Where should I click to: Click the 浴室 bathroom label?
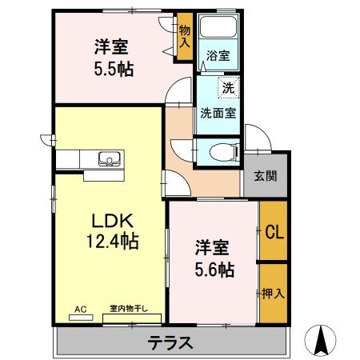pyautogui.click(x=218, y=56)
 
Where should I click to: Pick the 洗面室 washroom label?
pyautogui.click(x=218, y=113)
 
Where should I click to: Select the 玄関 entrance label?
pyautogui.click(x=266, y=176)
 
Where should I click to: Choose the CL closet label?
pyautogui.click(x=273, y=234)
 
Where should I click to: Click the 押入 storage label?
pyautogui.click(x=273, y=293)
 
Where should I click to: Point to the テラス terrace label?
pyautogui.click(x=170, y=343)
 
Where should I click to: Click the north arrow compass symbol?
pyautogui.click(x=323, y=339)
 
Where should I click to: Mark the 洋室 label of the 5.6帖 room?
pyautogui.click(x=210, y=248)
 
